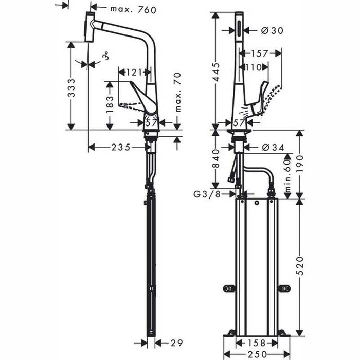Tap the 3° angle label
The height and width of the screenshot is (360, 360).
coord(105,56)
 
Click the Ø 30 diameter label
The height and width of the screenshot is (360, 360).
coord(271,30)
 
